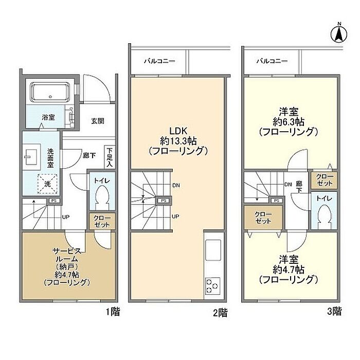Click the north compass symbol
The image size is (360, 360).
pyautogui.click(x=339, y=34)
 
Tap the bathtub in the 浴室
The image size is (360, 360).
pyautogui.click(x=50, y=92)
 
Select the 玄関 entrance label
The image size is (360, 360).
pyautogui.click(x=98, y=121)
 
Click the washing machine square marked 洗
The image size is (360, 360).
pyautogui.click(x=47, y=184)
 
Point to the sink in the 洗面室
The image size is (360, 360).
pyautogui.click(x=31, y=157)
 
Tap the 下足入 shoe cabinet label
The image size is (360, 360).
pyautogui.click(x=110, y=157)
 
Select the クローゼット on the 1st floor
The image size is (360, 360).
pyautogui.click(x=102, y=221)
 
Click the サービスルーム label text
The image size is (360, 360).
pyautogui.click(x=67, y=255)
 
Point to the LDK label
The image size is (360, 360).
pyautogui.click(x=178, y=131)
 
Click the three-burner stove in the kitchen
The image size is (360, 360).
pyautogui.click(x=212, y=286)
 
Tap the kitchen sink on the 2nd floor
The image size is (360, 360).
pyautogui.click(x=213, y=250)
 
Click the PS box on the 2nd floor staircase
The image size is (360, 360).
pyautogui.click(x=164, y=201)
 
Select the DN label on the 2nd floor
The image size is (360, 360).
pyautogui.click(x=176, y=185)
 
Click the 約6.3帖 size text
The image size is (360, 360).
pyautogui.click(x=289, y=122)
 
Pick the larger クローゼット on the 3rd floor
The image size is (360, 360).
pyautogui.click(x=263, y=218)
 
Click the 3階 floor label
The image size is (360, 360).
pyautogui.click(x=334, y=312)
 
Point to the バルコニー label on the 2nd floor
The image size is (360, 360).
pyautogui.click(x=159, y=61)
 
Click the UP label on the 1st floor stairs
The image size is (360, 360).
pyautogui.click(x=65, y=217)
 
